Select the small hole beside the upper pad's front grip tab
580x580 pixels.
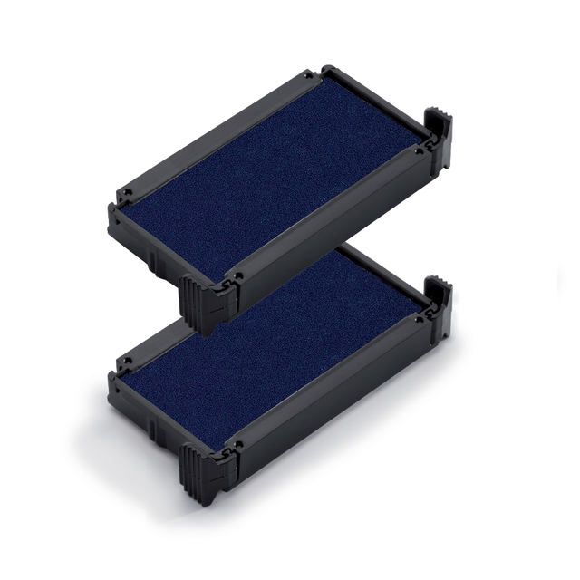[237, 271]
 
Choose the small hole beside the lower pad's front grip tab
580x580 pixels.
[237, 443]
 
